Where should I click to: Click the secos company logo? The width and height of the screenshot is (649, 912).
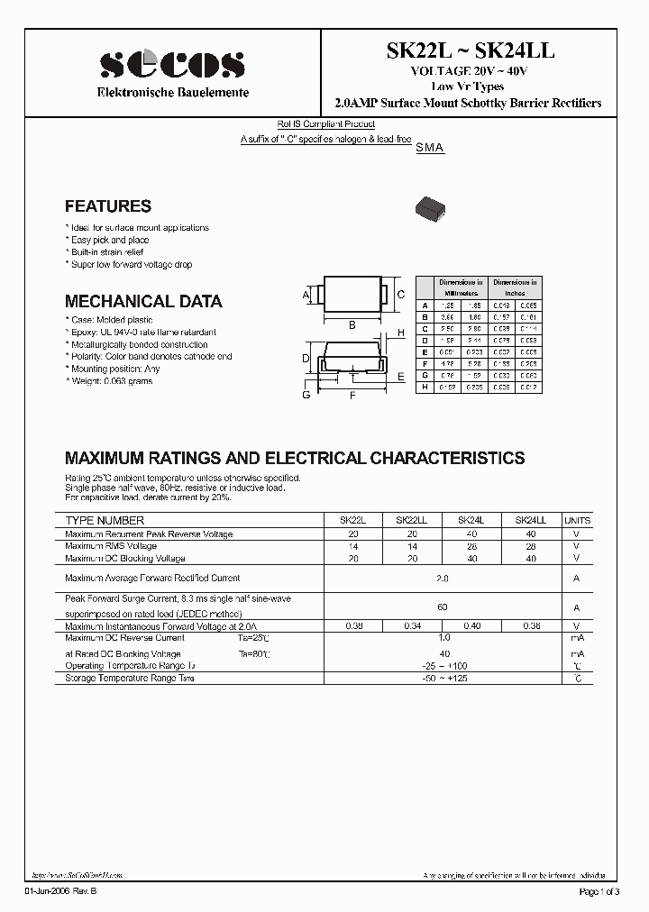tap(171, 65)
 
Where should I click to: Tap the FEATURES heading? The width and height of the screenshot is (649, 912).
tap(108, 206)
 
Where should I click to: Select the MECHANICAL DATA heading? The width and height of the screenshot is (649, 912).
tap(143, 302)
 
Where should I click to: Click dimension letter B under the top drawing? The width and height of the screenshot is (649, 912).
tap(352, 324)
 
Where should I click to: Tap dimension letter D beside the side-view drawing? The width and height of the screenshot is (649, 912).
tap(306, 359)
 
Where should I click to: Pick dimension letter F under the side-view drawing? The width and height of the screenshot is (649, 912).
tap(352, 396)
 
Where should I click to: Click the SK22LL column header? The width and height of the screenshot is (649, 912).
tap(411, 520)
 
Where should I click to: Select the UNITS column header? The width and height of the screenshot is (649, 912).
tap(577, 520)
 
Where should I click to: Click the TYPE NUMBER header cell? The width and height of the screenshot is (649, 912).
tap(105, 520)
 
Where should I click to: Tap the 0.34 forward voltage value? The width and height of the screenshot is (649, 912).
tap(411, 625)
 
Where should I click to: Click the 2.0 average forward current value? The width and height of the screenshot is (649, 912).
tap(442, 579)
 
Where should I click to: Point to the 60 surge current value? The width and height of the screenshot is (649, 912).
tap(442, 607)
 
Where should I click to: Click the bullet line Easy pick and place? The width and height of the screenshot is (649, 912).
tap(108, 241)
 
